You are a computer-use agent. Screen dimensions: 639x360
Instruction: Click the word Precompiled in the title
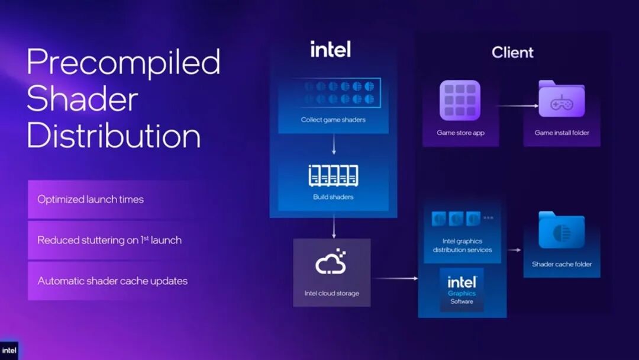[124, 62]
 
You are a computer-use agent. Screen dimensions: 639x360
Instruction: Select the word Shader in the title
[82, 99]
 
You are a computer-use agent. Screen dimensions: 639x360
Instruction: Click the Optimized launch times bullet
[91, 200]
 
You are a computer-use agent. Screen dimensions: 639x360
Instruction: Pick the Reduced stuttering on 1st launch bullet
[109, 240]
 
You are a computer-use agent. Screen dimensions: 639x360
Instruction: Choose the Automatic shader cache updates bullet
[112, 281]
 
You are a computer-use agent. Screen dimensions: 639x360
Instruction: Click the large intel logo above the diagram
[331, 49]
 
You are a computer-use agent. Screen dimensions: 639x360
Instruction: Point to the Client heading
[512, 52]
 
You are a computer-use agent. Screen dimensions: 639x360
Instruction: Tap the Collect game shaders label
[333, 120]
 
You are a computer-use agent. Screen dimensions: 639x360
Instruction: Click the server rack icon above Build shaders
[333, 176]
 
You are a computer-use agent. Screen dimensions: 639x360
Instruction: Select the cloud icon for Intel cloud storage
[331, 261]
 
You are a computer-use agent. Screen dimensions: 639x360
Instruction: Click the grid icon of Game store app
[460, 100]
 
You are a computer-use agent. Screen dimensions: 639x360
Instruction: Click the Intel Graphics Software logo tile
[461, 290]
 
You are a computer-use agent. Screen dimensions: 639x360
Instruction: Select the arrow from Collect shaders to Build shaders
[334, 144]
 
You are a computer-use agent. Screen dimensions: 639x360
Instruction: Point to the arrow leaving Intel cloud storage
[395, 278]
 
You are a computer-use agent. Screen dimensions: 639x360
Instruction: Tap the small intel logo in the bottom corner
[9, 351]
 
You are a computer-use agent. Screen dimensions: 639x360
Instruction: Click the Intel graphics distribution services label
[462, 246]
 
